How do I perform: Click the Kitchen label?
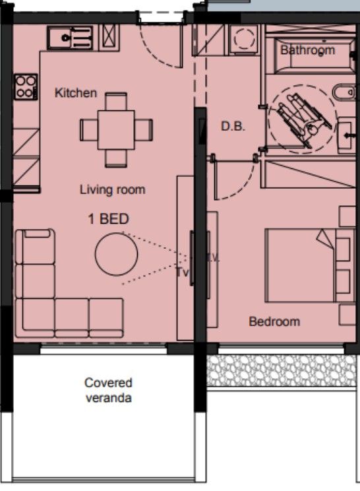[x=76, y=93]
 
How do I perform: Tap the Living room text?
[x=112, y=190]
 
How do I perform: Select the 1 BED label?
[x=108, y=219]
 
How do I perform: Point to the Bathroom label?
[x=307, y=50]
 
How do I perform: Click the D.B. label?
[x=233, y=127]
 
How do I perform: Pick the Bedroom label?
[x=274, y=322]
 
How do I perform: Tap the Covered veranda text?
[x=108, y=390]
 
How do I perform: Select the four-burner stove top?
[x=25, y=87]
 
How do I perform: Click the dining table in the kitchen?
[x=116, y=128]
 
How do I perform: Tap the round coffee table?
[x=116, y=255]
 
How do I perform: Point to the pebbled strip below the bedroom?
[x=284, y=371]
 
